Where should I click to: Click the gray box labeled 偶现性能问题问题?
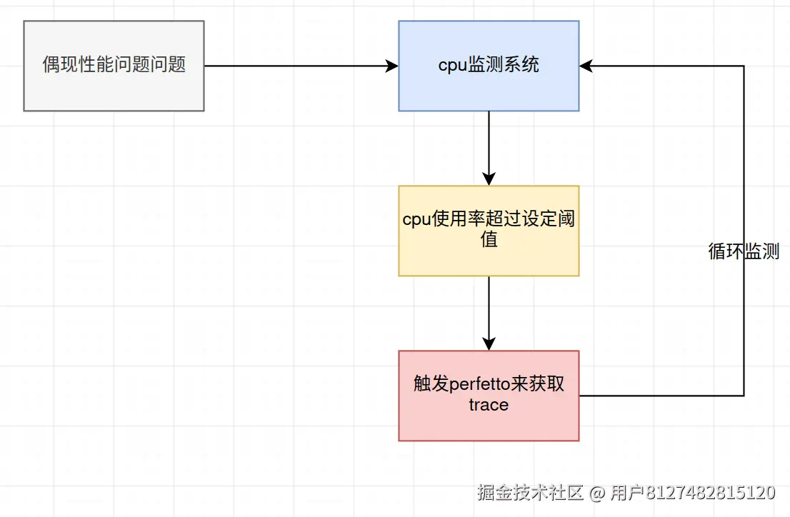[x=114, y=66]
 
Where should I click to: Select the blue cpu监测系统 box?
[x=489, y=66]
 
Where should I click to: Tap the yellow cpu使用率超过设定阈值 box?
[x=489, y=231]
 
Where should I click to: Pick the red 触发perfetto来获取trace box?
[x=489, y=396]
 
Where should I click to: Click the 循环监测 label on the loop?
[x=744, y=252]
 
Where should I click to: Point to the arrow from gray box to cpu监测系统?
[x=300, y=66]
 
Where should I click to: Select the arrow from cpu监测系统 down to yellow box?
[x=489, y=146]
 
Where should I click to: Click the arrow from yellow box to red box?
[x=489, y=311]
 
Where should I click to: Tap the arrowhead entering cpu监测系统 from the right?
[x=586, y=66]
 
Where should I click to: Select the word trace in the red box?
[x=489, y=405]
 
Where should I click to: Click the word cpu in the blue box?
[x=452, y=66]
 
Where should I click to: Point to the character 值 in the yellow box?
[x=489, y=240]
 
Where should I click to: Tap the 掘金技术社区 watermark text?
[x=531, y=492]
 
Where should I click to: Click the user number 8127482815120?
[x=711, y=492]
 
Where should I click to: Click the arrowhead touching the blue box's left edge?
[x=391, y=66]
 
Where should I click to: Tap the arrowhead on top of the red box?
[x=489, y=343]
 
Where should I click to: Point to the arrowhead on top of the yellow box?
[x=489, y=179]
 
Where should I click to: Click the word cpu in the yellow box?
[x=417, y=220]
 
